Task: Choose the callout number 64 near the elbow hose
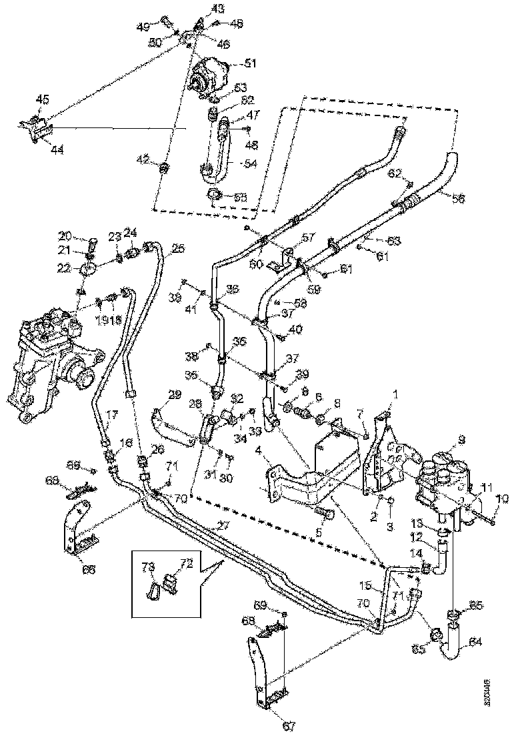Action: coord(474,642)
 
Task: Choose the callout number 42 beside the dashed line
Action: coord(143,159)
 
